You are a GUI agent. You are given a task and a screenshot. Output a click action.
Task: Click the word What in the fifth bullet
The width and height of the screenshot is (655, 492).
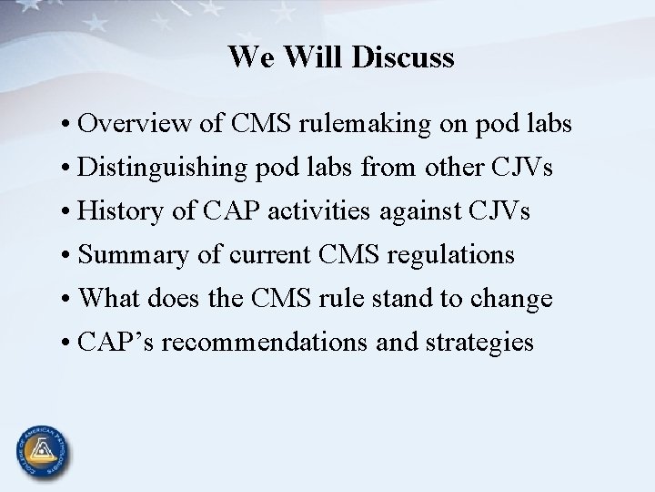(x=109, y=300)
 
